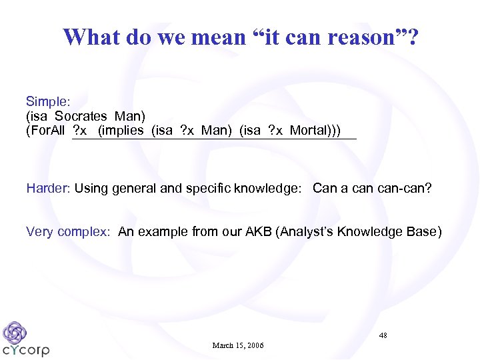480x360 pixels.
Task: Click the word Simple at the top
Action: (46, 101)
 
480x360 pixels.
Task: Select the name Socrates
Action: (81, 116)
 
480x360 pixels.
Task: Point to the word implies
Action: (121, 130)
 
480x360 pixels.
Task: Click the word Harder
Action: (47, 189)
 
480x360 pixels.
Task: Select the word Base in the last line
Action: (424, 232)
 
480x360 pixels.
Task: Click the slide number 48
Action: (383, 335)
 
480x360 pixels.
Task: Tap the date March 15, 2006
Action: (238, 345)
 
